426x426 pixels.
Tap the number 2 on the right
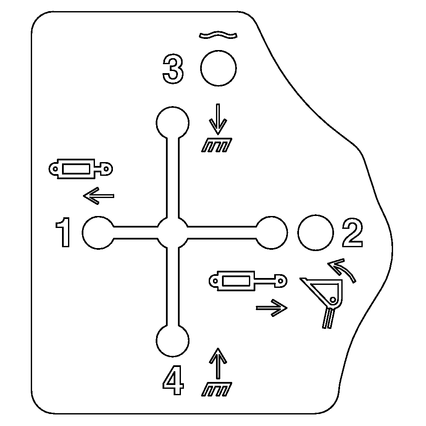click(352, 233)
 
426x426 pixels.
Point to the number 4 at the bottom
click(173, 379)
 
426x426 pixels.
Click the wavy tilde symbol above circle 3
click(218, 35)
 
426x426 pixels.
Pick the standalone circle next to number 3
click(219, 68)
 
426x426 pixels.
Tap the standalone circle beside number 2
click(315, 233)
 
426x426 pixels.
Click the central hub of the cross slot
click(172, 233)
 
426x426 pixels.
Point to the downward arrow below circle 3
click(218, 119)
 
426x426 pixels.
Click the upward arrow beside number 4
click(218, 363)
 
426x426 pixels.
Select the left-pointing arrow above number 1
click(99, 195)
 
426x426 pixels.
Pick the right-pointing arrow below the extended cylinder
click(272, 308)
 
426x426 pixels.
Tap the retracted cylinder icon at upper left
click(81, 169)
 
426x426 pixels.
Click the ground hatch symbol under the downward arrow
click(216, 145)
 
